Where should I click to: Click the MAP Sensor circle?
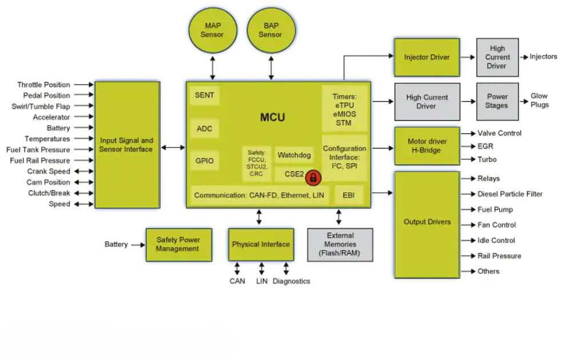tap(213, 30)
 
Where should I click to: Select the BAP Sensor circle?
tap(271, 30)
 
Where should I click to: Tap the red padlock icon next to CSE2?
tap(313, 178)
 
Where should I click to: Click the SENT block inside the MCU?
tap(204, 95)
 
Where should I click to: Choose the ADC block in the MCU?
tap(204, 129)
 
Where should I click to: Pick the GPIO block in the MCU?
tap(204, 161)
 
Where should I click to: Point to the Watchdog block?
tap(294, 155)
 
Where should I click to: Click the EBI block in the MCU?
tap(349, 195)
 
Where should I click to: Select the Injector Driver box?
tap(427, 57)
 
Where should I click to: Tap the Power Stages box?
tap(497, 101)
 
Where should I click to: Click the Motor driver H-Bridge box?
tap(427, 146)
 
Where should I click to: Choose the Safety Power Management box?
tap(178, 245)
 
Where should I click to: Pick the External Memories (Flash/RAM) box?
tap(340, 245)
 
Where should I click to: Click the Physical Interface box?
tap(261, 245)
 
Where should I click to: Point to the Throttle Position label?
tap(43, 85)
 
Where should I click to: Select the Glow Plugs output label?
tap(540, 101)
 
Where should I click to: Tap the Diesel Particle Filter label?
tap(510, 194)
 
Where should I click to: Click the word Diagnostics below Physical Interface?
tap(292, 281)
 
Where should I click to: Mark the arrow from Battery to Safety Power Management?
tap(138, 245)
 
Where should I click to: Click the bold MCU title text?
tap(273, 117)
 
